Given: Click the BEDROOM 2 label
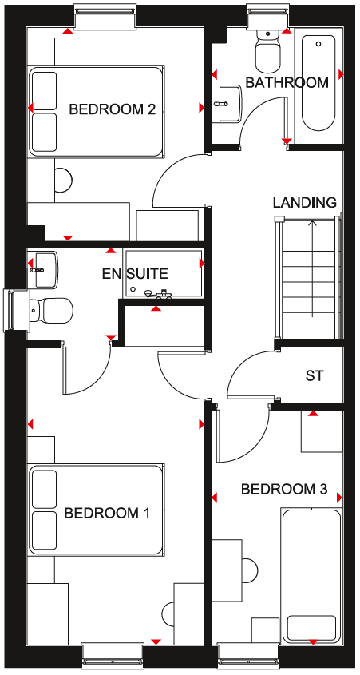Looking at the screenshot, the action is [112, 109].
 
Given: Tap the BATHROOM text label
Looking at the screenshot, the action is [287, 82].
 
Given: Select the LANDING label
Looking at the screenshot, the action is [304, 202].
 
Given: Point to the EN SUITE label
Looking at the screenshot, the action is [135, 273].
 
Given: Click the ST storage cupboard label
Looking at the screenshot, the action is [314, 375].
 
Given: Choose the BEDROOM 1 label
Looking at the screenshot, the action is [107, 513].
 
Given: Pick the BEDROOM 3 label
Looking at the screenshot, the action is [284, 489].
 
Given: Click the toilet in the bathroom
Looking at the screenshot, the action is [267, 51].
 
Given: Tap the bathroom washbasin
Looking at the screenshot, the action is [227, 103].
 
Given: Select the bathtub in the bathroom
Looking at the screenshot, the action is [318, 82].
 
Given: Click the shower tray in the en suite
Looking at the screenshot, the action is [163, 273].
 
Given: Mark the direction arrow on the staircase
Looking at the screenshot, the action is [313, 269].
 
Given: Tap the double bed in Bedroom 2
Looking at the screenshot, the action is [96, 111].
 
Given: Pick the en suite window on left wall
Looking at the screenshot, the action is [15, 310].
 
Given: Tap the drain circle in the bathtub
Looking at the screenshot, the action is [318, 44].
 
